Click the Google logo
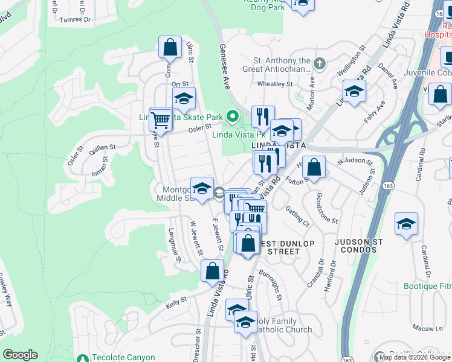[20, 355]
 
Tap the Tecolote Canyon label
[123, 357]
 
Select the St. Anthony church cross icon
[319, 62]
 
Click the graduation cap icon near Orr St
[184, 98]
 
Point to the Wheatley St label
[274, 84]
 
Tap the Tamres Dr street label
[76, 19]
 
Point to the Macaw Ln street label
[427, 328]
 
